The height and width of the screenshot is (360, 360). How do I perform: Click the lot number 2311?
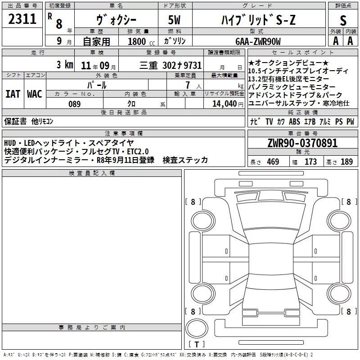[x=22, y=19]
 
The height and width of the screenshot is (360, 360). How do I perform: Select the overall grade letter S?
[x=343, y=20]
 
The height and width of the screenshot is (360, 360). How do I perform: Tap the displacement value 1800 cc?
[x=141, y=41]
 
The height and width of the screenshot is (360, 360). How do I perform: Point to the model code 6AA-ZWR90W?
[x=258, y=41]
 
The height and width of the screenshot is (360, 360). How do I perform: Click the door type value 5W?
[x=174, y=20]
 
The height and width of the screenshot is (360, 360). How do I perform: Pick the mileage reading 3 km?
[x=65, y=64]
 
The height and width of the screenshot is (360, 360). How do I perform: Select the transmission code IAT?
[x=13, y=94]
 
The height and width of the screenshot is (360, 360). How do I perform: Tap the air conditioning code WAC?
[x=35, y=94]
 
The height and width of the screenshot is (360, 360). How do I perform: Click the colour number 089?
[x=75, y=104]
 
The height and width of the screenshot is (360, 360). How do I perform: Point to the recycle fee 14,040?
[x=225, y=104]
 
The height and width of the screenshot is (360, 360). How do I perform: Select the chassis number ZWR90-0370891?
[x=302, y=143]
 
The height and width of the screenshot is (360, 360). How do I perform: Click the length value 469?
[x=273, y=162]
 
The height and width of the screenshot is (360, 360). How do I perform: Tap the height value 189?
[x=346, y=162]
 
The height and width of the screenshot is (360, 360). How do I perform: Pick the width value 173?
[x=310, y=162]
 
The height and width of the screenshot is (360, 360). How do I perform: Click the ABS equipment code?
[x=294, y=121]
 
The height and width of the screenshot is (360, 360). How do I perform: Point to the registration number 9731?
[x=193, y=65]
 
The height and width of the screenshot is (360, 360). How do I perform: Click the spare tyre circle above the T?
[x=197, y=328]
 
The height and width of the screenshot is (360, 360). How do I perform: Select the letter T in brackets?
[x=197, y=344]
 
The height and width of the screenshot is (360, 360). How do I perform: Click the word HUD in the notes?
[x=10, y=143]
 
